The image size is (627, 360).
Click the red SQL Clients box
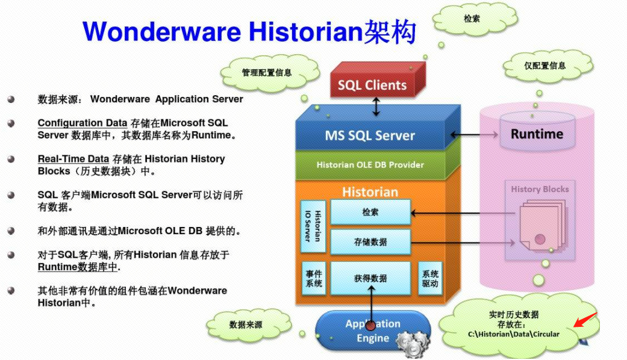pos(372,85)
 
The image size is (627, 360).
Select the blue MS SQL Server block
pos(370,135)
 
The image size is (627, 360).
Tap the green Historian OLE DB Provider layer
pos(370,164)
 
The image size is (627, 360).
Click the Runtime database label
pos(537,134)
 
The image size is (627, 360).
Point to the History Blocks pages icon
pos(540,226)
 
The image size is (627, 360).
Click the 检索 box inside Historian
pos(370,213)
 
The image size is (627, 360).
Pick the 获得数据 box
pos(370,278)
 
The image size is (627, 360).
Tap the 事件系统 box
pos(313,278)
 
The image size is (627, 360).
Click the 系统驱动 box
pos(430,278)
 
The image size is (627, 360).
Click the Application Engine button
pos(372,331)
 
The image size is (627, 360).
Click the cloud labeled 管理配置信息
pos(267,73)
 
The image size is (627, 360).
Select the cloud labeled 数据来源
pos(246,325)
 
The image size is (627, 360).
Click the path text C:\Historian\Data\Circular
pos(513,334)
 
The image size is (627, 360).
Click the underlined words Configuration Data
pos(83,123)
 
